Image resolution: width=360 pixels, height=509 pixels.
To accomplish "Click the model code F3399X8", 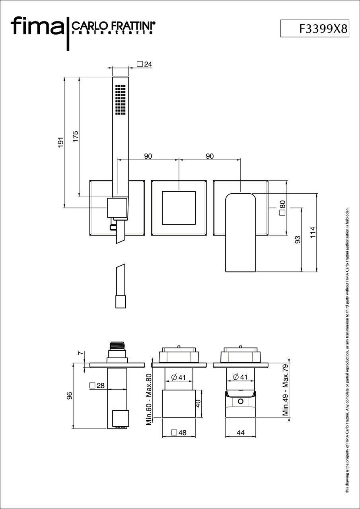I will (323, 29).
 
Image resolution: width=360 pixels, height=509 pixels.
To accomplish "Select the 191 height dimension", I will (61, 142).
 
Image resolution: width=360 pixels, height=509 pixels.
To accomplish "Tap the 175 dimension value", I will (76, 136).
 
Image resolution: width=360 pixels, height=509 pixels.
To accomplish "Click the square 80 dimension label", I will (282, 208).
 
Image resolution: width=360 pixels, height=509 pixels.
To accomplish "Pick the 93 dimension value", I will (298, 240).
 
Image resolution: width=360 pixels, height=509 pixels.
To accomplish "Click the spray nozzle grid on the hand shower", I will (121, 100).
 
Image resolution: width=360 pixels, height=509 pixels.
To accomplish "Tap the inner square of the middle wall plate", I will (179, 208).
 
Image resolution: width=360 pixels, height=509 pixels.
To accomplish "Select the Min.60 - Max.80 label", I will (149, 399).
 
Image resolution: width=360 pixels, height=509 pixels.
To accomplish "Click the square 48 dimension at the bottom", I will (179, 433).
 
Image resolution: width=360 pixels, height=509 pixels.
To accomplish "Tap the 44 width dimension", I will (240, 433).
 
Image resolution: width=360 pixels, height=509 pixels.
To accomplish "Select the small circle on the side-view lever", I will (240, 402).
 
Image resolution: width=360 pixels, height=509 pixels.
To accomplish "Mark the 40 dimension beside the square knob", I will (198, 403).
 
